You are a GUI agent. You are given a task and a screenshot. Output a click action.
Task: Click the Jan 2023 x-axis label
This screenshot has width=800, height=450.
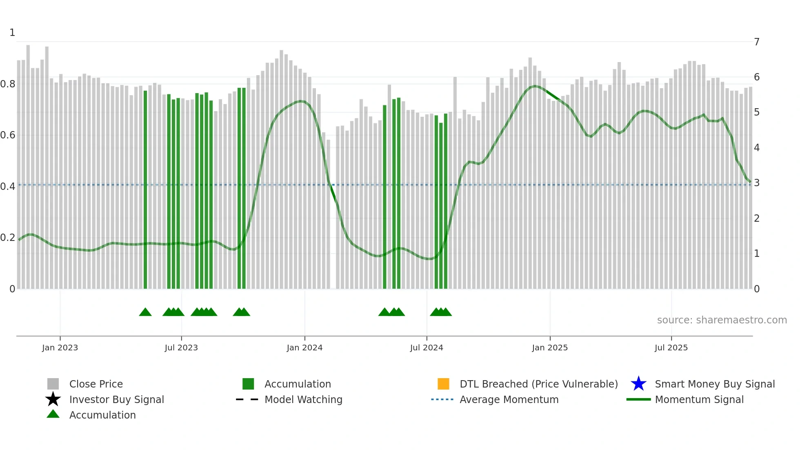[x=60, y=348]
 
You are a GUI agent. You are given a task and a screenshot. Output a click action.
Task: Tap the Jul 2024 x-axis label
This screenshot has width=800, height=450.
[x=426, y=348]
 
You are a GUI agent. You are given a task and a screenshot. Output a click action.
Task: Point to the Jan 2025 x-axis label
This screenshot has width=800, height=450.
[x=549, y=348]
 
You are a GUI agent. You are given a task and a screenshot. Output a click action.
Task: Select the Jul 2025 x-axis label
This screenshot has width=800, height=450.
[x=671, y=348]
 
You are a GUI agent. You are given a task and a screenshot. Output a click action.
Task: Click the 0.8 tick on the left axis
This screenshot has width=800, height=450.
[x=8, y=84]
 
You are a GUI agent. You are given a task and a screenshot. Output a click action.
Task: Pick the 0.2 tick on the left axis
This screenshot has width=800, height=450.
[x=8, y=238]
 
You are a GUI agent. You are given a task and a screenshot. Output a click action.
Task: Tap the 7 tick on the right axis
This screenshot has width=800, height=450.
[x=757, y=42]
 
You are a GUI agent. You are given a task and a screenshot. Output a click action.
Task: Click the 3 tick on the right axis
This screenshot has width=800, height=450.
[x=757, y=183]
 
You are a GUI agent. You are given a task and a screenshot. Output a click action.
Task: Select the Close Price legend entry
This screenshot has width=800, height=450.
[x=96, y=384]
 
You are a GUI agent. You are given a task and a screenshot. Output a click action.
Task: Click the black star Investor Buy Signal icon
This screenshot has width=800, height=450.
[x=53, y=399]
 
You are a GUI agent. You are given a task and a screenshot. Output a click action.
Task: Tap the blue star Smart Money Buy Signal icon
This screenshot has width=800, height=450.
[x=638, y=384]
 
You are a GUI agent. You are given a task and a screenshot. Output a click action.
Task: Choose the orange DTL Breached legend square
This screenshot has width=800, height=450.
[x=443, y=384]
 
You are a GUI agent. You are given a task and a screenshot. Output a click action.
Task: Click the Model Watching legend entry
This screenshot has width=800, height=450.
[x=303, y=399]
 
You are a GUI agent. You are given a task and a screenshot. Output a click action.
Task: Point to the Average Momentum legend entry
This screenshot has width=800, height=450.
[x=509, y=399]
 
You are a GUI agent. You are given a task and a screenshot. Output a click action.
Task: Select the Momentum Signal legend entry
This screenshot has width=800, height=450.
[x=699, y=399]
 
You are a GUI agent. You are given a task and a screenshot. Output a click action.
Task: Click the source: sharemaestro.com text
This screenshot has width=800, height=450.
[x=722, y=320]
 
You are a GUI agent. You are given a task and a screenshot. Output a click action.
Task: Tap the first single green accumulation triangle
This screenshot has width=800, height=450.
[x=145, y=312]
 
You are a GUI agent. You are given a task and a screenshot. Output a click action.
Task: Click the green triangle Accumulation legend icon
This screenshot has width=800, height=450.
[x=53, y=414]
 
